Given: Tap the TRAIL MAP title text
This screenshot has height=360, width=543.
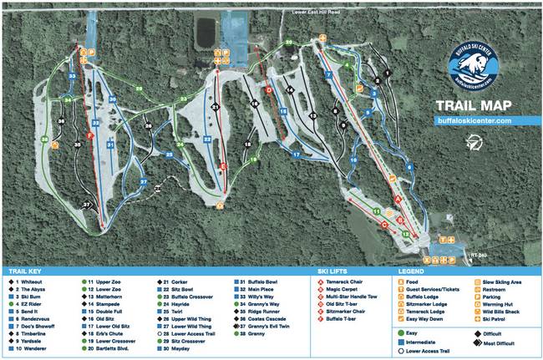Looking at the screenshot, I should tap(472, 106).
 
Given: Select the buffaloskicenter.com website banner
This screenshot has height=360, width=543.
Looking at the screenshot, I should tap(474, 120).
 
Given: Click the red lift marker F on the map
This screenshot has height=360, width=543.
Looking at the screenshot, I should tap(89, 134).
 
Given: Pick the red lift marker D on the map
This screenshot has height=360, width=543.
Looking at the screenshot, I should tap(269, 89).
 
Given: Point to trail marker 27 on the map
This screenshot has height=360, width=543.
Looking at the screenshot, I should tap(143, 181).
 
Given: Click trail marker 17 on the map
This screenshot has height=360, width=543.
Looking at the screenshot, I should tap(296, 155).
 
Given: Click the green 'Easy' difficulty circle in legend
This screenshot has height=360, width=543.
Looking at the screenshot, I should tap(401, 333).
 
